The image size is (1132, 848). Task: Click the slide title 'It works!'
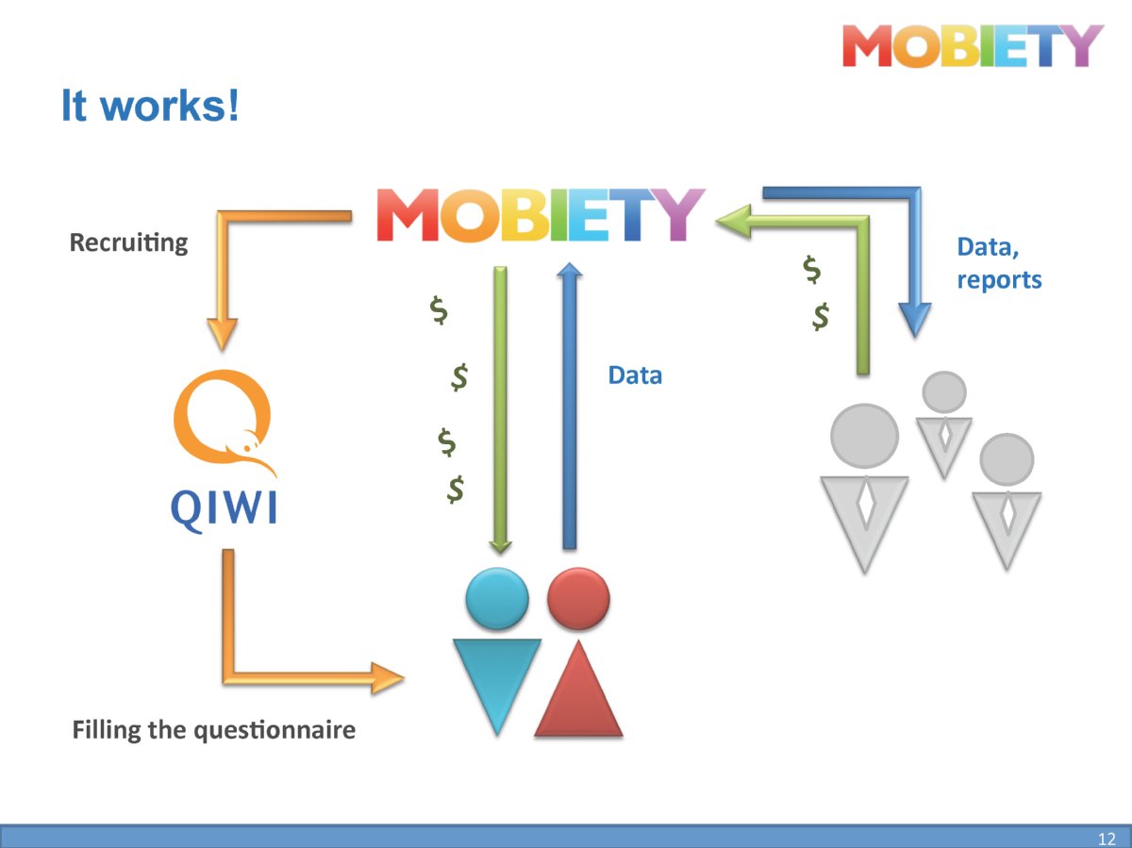coord(150,106)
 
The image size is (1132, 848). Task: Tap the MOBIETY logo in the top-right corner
coord(973,46)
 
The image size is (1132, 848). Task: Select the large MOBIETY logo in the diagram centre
coord(541,215)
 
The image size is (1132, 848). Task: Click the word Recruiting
coord(129,242)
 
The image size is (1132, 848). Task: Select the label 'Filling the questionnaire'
coord(214,730)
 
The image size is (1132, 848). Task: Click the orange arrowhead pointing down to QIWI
coord(223,335)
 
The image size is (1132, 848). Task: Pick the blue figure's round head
coord(497,598)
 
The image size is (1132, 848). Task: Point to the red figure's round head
coord(578,598)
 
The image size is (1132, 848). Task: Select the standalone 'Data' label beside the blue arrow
coord(635,375)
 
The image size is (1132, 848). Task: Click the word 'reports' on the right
coord(999,280)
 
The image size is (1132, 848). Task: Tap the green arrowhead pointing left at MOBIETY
coord(733,222)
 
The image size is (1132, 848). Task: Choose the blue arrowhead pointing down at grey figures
coord(915,320)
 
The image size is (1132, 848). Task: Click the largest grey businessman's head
coord(865,436)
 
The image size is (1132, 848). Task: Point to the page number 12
coord(1107,839)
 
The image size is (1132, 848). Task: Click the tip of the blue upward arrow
coord(570,263)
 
